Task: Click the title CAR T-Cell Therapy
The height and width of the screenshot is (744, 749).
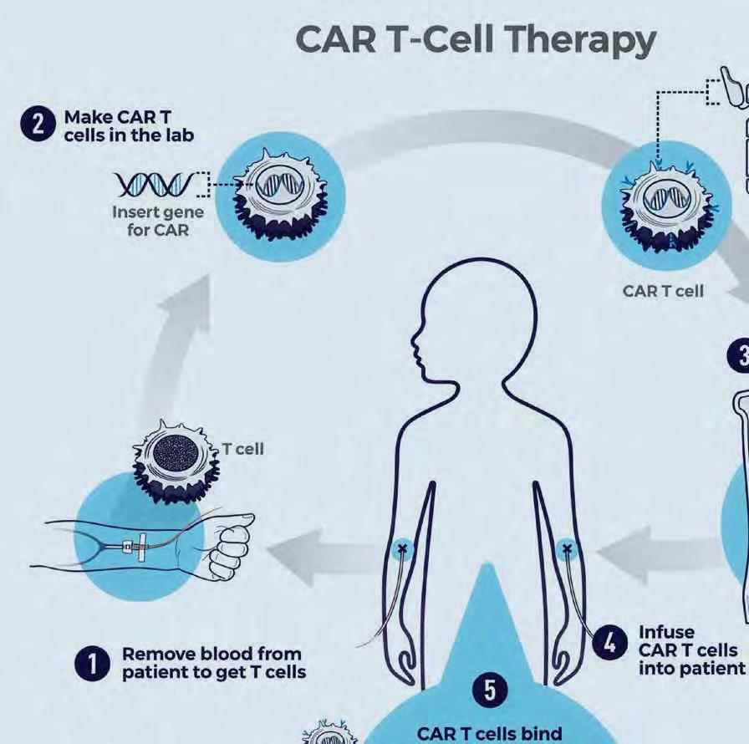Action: pyautogui.click(x=476, y=40)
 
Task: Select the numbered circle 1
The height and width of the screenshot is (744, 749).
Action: pyautogui.click(x=89, y=665)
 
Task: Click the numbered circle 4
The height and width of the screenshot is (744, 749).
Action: pyautogui.click(x=610, y=644)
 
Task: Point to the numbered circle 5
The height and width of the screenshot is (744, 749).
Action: pyautogui.click(x=490, y=690)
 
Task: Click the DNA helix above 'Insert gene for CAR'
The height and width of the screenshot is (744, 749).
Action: pyautogui.click(x=157, y=182)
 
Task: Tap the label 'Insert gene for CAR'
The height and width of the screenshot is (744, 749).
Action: pyautogui.click(x=158, y=220)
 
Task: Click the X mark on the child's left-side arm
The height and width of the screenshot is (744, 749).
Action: pyautogui.click(x=405, y=549)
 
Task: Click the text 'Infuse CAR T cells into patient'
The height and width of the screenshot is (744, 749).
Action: pyautogui.click(x=690, y=650)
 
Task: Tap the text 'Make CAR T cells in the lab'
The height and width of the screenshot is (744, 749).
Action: pyautogui.click(x=130, y=126)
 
